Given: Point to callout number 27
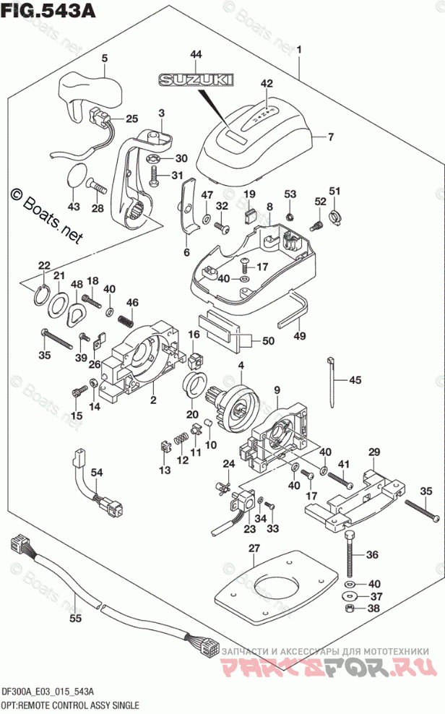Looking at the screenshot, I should (x=253, y=550).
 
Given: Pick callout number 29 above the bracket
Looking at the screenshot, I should (x=373, y=452).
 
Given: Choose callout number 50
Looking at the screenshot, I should (x=268, y=341).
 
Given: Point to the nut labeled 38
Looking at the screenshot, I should (x=348, y=610).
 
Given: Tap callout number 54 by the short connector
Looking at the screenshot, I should (x=95, y=472).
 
